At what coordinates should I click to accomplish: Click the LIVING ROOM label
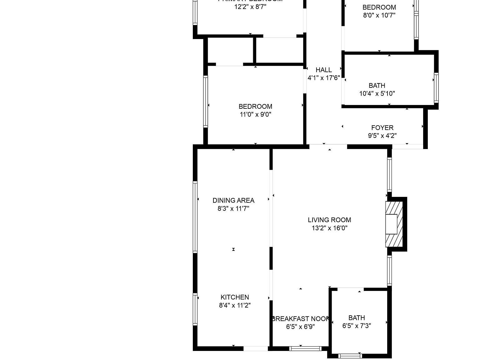[329, 220]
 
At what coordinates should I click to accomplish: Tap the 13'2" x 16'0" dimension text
[329, 228]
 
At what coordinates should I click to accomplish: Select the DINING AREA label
[233, 201]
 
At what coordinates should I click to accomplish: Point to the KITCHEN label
[235, 297]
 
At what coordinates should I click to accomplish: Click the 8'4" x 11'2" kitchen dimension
[235, 305]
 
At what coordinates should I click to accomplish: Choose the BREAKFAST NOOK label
[300, 319]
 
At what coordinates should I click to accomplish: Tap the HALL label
[323, 70]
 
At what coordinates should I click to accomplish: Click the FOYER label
[382, 128]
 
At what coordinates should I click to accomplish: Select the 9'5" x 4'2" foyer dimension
[382, 136]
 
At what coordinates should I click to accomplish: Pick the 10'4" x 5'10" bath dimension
[377, 93]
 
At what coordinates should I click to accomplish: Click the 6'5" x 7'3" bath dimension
[357, 326]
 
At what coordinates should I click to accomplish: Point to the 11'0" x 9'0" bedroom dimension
[255, 114]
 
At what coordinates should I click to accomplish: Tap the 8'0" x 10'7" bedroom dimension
[379, 15]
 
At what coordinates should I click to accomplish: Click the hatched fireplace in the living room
[392, 224]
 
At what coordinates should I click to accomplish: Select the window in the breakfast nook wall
[305, 348]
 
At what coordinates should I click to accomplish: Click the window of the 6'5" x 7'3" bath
[350, 356]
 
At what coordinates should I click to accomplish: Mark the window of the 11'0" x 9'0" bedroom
[206, 102]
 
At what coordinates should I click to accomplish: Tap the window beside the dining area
[195, 217]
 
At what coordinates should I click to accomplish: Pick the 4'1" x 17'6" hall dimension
[323, 78]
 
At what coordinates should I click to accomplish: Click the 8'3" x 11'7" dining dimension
[233, 208]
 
